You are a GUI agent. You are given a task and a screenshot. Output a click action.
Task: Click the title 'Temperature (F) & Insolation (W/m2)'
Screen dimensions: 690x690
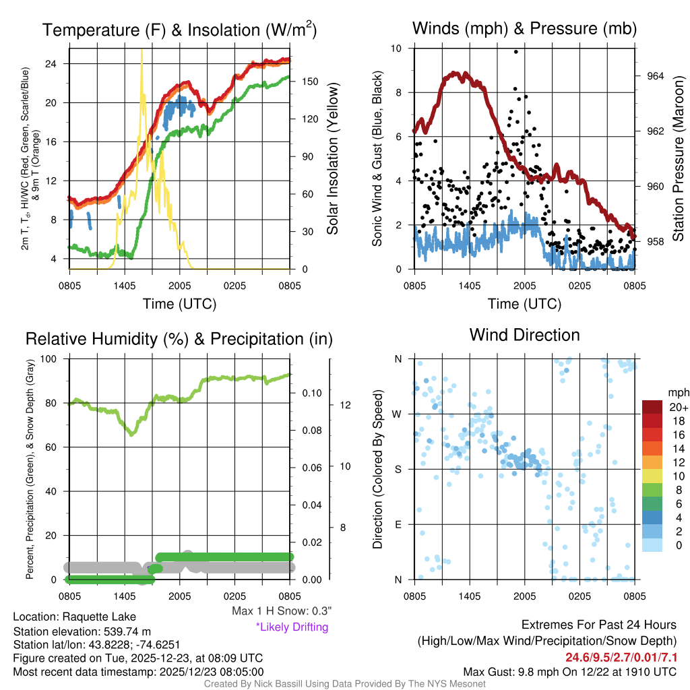click(x=179, y=30)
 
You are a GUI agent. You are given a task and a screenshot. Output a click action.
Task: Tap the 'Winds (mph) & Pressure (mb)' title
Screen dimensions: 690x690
click(x=524, y=28)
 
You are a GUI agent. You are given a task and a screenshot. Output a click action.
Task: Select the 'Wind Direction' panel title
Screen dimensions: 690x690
click(x=524, y=335)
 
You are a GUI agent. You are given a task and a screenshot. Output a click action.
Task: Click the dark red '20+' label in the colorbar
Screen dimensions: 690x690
click(x=677, y=408)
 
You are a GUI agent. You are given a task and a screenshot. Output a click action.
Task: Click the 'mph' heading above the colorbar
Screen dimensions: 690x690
click(x=677, y=391)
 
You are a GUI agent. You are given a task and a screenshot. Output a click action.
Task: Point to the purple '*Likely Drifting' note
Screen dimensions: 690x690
click(x=291, y=627)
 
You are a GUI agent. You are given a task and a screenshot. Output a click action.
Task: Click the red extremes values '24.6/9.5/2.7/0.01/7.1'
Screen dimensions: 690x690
click(x=621, y=657)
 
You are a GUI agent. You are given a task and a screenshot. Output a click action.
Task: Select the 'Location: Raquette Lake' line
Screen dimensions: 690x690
click(x=74, y=617)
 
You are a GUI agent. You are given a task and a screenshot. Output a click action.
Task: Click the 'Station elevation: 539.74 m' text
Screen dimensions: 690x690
click(x=82, y=631)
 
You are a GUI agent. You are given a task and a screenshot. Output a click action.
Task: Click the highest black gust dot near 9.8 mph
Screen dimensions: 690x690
click(x=516, y=52)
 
